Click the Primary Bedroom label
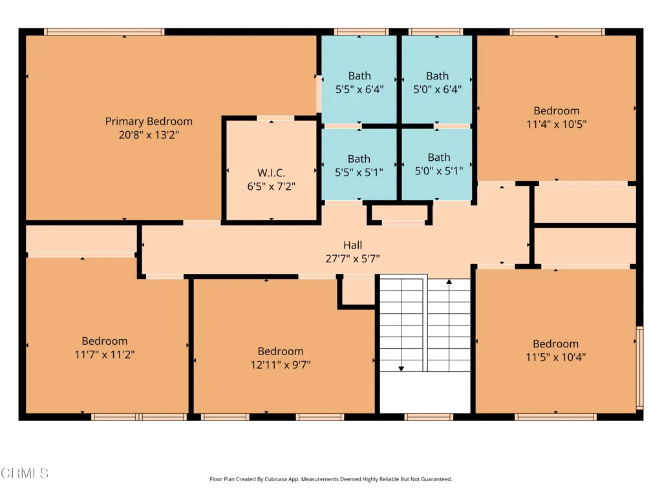(149, 121)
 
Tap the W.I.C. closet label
(271, 172)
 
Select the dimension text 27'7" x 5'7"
(352, 258)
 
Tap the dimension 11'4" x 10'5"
(557, 125)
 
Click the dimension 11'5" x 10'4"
(555, 357)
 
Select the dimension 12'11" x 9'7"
(281, 365)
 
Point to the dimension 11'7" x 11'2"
(105, 355)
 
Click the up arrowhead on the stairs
(449, 282)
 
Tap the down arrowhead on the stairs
(401, 369)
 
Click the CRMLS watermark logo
(25, 473)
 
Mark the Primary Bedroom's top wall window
(104, 32)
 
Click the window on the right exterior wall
(639, 367)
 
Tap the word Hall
(352, 245)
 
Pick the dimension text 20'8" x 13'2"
(149, 135)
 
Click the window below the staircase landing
(429, 417)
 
